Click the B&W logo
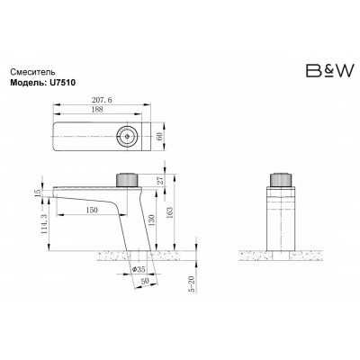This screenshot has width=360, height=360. click(x=329, y=70)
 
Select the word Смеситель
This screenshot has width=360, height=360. click(x=32, y=72)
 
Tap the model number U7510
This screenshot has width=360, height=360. click(x=60, y=83)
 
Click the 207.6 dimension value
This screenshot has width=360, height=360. click(x=102, y=100)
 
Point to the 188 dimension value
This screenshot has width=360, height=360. click(x=96, y=110)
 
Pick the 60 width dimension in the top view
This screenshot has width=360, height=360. click(x=159, y=137)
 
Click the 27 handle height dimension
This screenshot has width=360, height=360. click(x=161, y=180)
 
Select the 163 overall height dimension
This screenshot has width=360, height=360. click(x=170, y=212)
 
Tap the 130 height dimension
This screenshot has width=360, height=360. click(x=152, y=220)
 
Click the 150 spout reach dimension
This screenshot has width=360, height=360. click(x=92, y=210)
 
